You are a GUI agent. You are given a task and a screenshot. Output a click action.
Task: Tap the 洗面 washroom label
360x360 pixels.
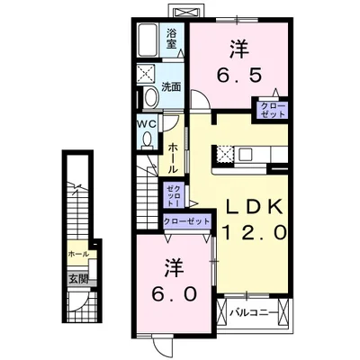click(171, 87)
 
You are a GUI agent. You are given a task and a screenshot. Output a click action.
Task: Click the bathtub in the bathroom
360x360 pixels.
click(150, 40)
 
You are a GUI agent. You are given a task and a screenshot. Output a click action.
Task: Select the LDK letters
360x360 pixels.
click(255, 206)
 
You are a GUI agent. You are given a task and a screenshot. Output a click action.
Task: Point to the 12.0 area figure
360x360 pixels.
click(255, 231)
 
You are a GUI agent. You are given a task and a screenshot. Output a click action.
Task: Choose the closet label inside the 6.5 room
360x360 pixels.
click(272, 111)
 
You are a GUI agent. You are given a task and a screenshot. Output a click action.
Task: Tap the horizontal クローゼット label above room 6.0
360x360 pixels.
click(186, 220)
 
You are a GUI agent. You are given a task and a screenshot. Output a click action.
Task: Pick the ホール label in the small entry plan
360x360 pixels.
click(77, 255)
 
